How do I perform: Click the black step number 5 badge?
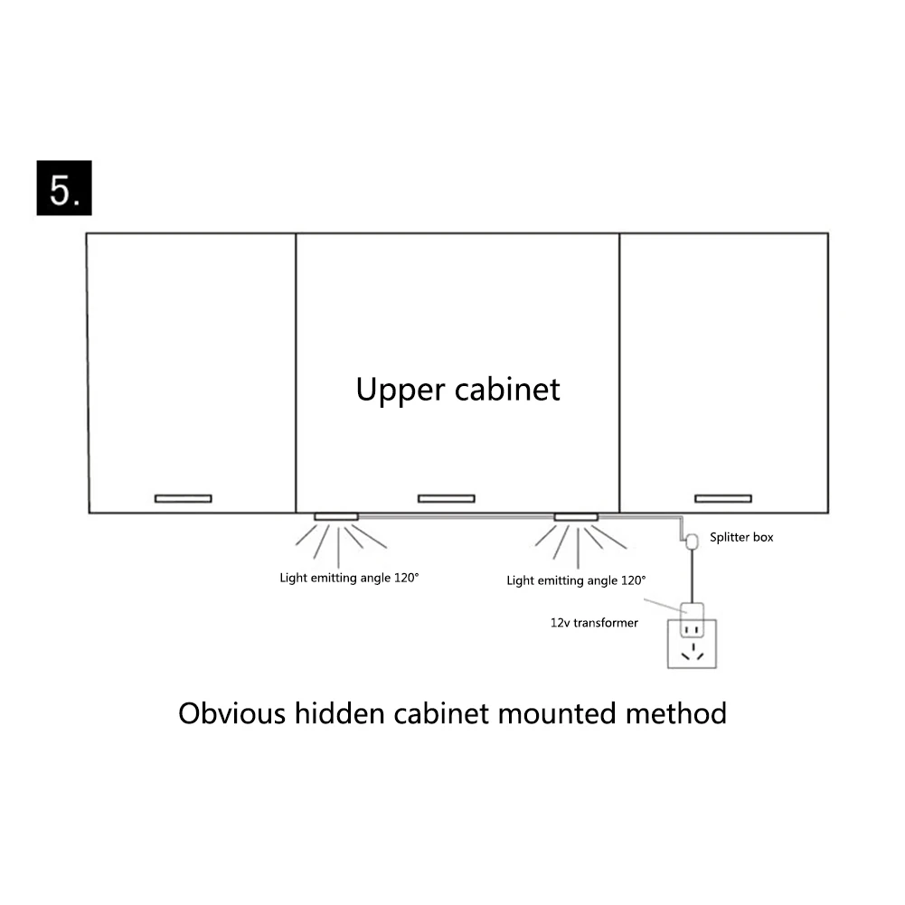pyautogui.click(x=64, y=189)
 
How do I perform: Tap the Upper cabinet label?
pyautogui.click(x=457, y=389)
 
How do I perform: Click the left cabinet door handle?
pyautogui.click(x=183, y=498)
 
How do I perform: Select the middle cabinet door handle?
pyautogui.click(x=446, y=498)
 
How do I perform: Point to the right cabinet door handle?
pyautogui.click(x=722, y=498)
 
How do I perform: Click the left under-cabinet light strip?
pyautogui.click(x=335, y=516)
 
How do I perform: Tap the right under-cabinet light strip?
pyautogui.click(x=576, y=516)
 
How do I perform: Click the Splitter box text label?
pyautogui.click(x=741, y=537)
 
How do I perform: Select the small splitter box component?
pyautogui.click(x=693, y=541)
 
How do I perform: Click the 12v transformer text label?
pyautogui.click(x=594, y=622)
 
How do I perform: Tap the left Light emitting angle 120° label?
pyautogui.click(x=349, y=577)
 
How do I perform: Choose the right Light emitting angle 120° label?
pyautogui.click(x=576, y=580)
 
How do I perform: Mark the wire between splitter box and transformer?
pyautogui.click(x=693, y=574)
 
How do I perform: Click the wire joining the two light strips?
pyautogui.click(x=457, y=516)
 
